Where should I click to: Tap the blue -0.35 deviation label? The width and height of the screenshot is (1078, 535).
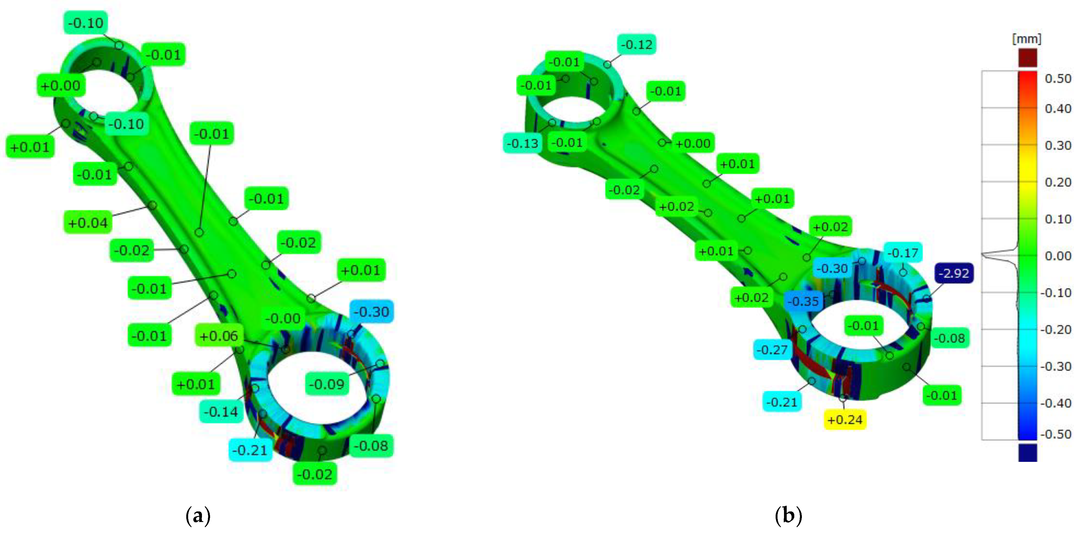pyautogui.click(x=803, y=301)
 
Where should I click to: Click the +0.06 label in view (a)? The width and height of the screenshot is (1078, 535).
pyautogui.click(x=218, y=336)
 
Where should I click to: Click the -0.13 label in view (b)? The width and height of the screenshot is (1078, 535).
pyautogui.click(x=522, y=143)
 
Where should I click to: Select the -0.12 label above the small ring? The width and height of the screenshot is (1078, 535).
pyautogui.click(x=636, y=44)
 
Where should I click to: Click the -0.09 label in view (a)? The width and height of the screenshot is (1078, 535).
pyautogui.click(x=327, y=384)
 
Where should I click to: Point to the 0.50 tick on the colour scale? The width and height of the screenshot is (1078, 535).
pyautogui.click(x=1057, y=78)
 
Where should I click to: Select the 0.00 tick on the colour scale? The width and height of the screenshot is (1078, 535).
pyautogui.click(x=1057, y=256)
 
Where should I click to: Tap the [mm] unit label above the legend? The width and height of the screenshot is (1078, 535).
pyautogui.click(x=1027, y=39)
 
